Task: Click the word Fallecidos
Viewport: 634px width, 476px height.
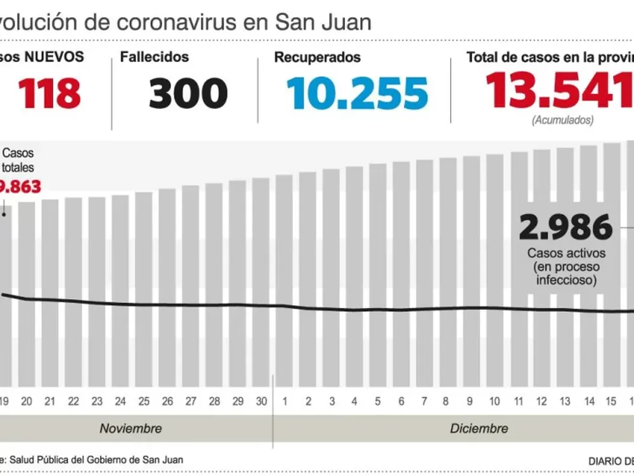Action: pos(154,57)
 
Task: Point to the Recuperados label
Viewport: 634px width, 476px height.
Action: pos(317,57)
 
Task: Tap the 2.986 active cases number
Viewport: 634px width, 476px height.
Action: pos(566,228)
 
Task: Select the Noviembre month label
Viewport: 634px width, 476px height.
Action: pos(131,428)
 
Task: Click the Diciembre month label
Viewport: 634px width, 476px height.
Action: pos(479,428)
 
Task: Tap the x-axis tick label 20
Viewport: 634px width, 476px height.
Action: pos(27,401)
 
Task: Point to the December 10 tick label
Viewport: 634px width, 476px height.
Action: pos(495,401)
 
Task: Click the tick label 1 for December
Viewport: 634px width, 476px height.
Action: pos(285,401)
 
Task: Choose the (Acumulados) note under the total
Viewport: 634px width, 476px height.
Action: pos(563,119)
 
